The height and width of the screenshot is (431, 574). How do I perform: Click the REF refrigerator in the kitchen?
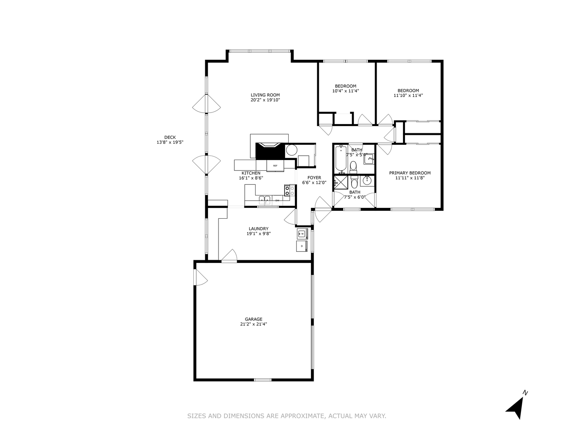275,165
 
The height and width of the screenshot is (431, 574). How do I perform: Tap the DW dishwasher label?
277,200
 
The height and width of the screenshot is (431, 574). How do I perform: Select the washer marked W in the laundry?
302,233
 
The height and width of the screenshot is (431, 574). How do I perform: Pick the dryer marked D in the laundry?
302,246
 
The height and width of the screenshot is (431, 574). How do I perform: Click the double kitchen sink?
264,200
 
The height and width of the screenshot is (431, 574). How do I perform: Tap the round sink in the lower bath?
367,181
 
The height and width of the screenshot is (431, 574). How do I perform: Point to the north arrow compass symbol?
517,406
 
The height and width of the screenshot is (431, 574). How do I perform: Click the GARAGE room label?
254,319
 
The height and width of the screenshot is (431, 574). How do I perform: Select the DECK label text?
170,137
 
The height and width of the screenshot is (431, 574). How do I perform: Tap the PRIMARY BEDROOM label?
410,173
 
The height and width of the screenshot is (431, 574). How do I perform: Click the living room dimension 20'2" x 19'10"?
265,100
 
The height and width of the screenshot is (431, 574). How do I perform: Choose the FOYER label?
314,178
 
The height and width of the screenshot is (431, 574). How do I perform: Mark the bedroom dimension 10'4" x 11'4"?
346,91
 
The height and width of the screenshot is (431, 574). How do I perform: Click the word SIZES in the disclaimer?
196,416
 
